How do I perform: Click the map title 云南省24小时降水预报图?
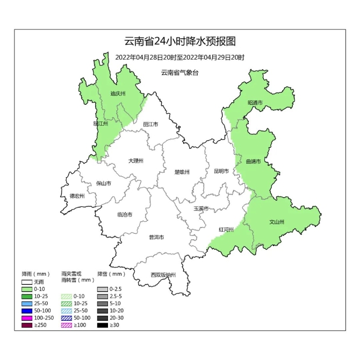click(180, 41)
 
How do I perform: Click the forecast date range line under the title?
click(180, 57)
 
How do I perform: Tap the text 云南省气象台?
click(179, 73)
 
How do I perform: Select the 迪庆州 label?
click(118, 93)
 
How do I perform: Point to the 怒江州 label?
click(100, 124)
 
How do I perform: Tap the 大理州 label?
click(136, 161)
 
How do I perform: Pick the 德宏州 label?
click(77, 196)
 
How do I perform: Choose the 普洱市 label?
click(156, 237)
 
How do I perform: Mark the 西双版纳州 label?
click(163, 275)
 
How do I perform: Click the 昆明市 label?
click(221, 171)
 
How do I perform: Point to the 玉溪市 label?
click(201, 208)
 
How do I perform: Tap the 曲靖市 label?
click(253, 161)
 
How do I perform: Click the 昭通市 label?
click(255, 103)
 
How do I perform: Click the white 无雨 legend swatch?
click(27, 282)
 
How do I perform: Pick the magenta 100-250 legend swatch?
click(27, 318)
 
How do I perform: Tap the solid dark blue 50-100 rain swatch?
click(27, 311)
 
